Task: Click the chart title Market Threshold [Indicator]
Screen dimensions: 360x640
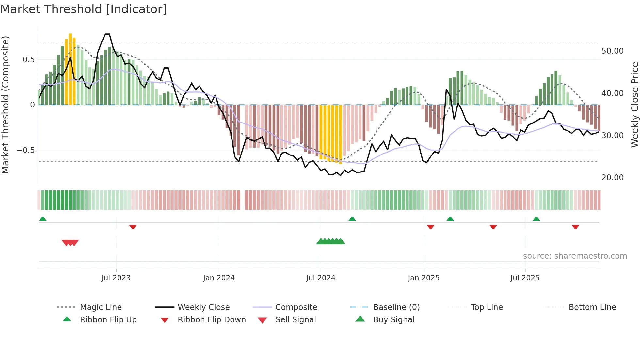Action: (84, 9)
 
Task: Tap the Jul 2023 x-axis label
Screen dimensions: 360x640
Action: (116, 278)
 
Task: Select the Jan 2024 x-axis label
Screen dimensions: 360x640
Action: (219, 278)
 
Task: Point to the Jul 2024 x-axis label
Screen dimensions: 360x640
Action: (321, 278)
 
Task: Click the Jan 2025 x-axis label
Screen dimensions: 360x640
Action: (424, 278)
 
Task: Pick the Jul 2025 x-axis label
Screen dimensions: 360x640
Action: (525, 278)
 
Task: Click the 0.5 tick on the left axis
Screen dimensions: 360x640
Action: (29, 60)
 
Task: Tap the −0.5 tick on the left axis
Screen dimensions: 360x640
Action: (25, 150)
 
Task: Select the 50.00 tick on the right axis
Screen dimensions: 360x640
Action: (612, 51)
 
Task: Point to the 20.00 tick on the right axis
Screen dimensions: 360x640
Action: (612, 178)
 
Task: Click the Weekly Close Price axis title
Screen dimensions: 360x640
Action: (634, 105)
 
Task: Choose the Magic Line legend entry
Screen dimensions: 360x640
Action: (101, 307)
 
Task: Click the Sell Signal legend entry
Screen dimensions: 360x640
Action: (296, 320)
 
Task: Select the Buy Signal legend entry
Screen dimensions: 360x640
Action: (393, 320)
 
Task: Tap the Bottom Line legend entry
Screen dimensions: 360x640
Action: (592, 307)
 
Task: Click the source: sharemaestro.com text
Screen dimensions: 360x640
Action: (575, 256)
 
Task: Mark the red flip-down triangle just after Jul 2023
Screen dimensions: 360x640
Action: (133, 227)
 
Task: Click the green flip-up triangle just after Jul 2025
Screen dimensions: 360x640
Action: (536, 219)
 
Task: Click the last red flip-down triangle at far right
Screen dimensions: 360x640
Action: (575, 227)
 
